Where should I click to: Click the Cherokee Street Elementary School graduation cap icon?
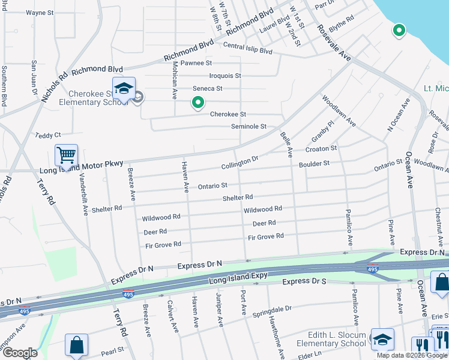click(123, 89)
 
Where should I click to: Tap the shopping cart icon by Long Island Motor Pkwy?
click(66, 155)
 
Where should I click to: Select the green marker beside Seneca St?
click(197, 103)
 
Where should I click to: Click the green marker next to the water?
click(399, 30)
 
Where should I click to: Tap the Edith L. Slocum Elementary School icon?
click(382, 340)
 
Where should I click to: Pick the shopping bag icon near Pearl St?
click(77, 345)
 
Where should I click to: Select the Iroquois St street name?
click(224, 76)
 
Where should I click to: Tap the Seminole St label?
click(249, 127)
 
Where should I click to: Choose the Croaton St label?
click(321, 148)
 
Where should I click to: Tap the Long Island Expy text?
click(237, 280)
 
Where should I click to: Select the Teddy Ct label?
click(49, 136)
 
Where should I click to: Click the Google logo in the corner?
click(19, 353)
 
